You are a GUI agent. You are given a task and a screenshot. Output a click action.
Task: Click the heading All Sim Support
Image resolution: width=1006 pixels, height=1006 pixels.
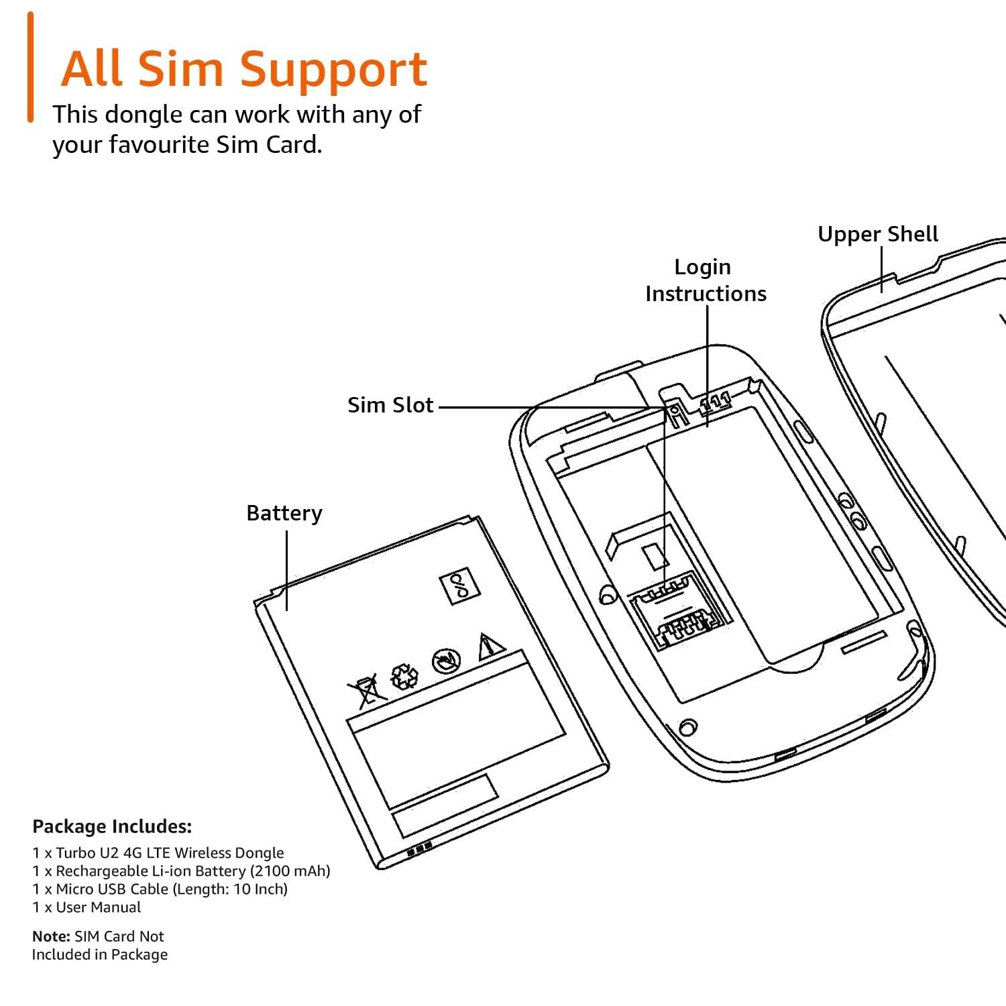[244, 68]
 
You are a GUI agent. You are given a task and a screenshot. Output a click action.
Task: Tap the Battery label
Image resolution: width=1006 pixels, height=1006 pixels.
[284, 513]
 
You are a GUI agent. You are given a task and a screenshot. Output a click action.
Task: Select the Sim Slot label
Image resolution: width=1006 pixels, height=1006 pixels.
[390, 405]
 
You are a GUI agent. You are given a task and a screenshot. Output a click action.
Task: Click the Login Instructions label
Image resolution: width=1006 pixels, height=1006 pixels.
[705, 280]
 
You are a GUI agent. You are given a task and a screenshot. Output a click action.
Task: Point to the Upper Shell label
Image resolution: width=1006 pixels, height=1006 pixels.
[877, 234]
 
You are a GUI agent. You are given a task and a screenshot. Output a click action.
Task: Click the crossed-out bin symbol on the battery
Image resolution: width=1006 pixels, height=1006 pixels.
[366, 691]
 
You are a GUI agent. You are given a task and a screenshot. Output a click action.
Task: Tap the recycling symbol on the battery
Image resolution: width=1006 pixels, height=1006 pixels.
[404, 676]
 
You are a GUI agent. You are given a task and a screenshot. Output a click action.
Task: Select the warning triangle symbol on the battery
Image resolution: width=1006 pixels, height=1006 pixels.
[491, 647]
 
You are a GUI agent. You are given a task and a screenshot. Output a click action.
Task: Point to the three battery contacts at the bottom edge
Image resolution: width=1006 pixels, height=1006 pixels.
[419, 851]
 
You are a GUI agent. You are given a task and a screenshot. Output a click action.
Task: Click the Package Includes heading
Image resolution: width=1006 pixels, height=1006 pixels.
[112, 826]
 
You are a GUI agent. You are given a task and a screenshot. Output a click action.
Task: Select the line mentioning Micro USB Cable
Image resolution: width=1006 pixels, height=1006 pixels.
[160, 889]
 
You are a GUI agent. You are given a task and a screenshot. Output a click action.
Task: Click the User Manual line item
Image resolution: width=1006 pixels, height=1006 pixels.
[87, 907]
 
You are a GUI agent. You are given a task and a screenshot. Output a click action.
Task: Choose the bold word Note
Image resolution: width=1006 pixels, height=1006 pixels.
[51, 936]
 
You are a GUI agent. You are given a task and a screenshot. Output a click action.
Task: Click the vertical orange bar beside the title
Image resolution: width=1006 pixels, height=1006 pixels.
[30, 67]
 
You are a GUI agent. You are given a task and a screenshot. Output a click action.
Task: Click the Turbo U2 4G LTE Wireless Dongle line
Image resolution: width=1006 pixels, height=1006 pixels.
[158, 853]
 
